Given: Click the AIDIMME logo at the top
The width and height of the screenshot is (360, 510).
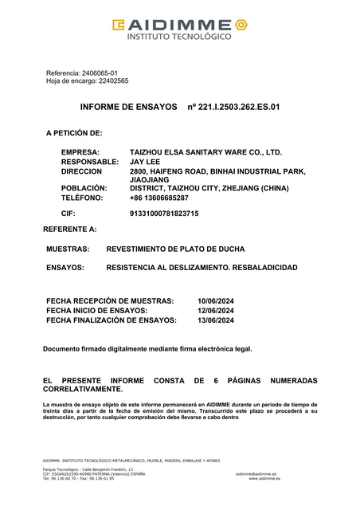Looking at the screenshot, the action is [x=180, y=29].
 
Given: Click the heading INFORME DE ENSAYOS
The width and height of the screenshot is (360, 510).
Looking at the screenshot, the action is [x=128, y=106].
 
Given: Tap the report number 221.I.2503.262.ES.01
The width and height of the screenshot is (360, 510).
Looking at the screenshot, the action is [x=233, y=106].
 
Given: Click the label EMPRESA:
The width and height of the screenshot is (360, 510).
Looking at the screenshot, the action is [x=80, y=152].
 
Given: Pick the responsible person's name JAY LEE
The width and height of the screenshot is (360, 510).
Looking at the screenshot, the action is [x=145, y=162].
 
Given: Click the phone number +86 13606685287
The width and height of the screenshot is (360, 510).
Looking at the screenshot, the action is [x=159, y=198].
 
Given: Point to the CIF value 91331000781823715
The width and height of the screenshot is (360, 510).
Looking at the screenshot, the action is [x=164, y=214].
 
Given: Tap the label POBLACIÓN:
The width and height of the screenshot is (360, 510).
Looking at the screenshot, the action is [x=84, y=188].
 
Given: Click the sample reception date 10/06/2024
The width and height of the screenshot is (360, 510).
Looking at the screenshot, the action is [x=215, y=300].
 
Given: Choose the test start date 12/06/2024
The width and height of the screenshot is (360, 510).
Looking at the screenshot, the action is [x=215, y=310].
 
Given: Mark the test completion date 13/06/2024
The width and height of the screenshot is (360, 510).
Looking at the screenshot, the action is [x=215, y=320].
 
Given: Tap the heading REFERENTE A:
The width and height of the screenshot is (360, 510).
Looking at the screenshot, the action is [x=70, y=229].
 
